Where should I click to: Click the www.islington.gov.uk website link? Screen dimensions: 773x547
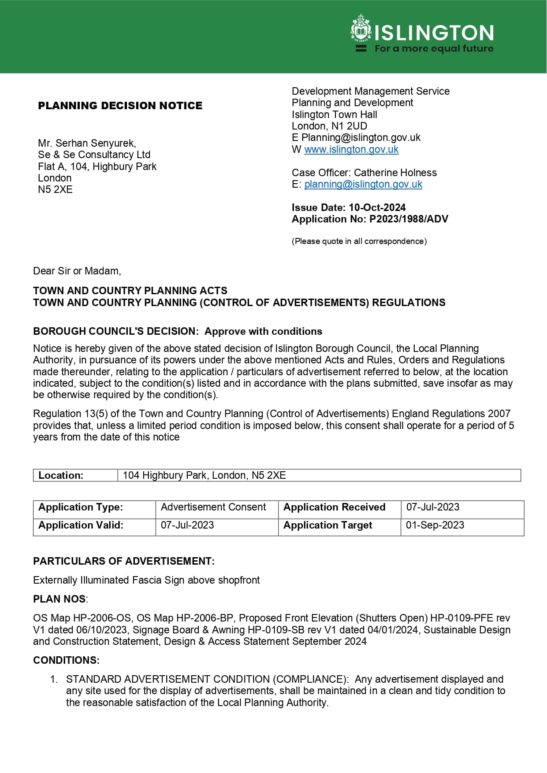point(351,149)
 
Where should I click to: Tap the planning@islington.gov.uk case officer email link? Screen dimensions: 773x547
point(363,184)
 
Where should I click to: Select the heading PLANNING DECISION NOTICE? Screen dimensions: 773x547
point(120,106)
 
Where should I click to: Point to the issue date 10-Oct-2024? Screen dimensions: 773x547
point(377,207)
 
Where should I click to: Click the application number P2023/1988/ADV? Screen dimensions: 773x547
point(409,219)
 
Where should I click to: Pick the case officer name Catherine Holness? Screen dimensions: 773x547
point(395,173)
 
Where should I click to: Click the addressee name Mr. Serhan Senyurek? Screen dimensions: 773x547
point(87,143)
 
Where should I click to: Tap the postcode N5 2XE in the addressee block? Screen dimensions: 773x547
point(55,189)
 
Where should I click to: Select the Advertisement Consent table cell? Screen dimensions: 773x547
point(213,507)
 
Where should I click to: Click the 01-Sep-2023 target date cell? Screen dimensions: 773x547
point(435,525)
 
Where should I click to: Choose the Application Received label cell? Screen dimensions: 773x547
point(334,507)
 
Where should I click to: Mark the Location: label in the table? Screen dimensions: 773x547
point(61,475)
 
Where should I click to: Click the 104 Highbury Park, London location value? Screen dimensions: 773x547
point(204,475)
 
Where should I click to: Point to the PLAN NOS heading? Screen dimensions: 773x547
point(60,599)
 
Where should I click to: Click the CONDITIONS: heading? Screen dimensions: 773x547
point(66,660)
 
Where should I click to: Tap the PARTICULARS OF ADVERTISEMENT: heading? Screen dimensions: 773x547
point(124,561)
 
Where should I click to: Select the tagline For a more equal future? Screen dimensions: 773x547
point(434,48)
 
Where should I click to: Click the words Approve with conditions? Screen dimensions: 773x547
point(263,331)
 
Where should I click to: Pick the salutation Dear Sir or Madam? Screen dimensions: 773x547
point(77,271)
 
